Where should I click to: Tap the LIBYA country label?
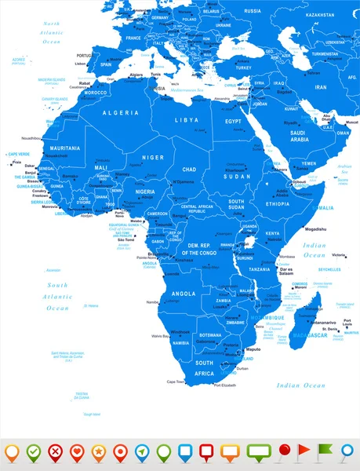(x=187, y=119)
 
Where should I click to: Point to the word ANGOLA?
(x=184, y=271)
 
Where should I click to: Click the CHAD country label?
(x=190, y=169)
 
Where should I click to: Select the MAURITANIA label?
(x=65, y=148)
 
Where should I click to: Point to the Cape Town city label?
(x=175, y=382)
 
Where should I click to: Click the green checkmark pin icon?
(x=33, y=452)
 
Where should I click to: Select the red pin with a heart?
(x=77, y=452)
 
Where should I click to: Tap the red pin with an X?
(x=55, y=452)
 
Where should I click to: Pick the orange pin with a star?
(x=99, y=452)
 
